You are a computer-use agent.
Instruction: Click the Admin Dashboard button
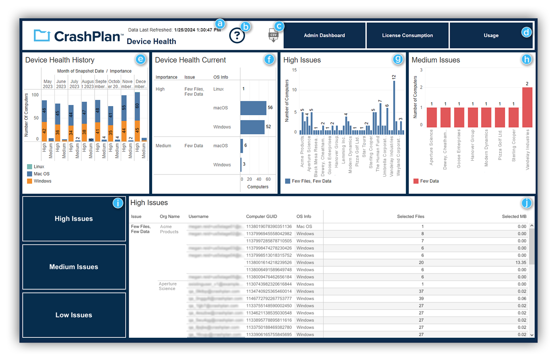[324, 35]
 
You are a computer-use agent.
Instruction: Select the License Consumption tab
[407, 35]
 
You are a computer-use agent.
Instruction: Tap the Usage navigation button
[491, 35]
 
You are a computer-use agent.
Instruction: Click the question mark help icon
[237, 36]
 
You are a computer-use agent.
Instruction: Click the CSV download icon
[273, 35]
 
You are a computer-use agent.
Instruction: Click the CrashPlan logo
[78, 36]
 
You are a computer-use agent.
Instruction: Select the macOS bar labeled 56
[253, 108]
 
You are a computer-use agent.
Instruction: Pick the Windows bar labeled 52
[252, 127]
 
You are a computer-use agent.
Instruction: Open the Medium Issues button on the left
[74, 267]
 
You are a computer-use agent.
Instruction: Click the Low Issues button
[74, 315]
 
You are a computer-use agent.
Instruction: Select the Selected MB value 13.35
[520, 263]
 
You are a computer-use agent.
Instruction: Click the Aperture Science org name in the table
[167, 286]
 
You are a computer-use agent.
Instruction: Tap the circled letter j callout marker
[526, 203]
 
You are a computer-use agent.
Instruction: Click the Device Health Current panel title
[190, 60]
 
